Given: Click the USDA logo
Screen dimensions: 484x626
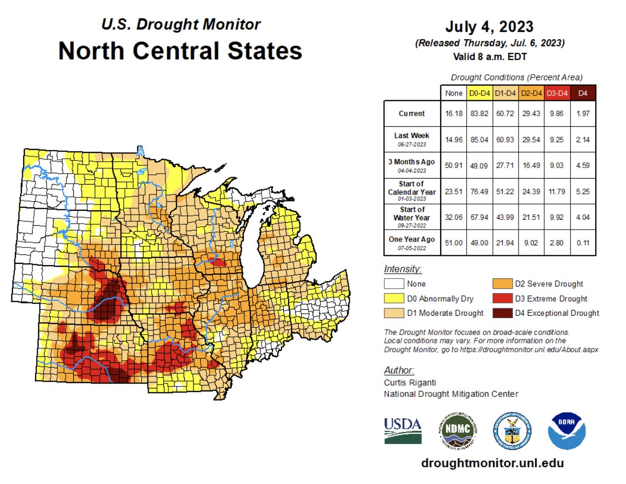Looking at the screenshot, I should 403,431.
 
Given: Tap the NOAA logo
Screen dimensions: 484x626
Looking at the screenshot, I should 567,431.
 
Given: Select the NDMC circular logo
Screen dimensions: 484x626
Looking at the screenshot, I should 458,431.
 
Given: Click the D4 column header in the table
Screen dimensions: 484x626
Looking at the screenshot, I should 583,93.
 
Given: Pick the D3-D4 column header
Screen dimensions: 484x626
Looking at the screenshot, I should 557,93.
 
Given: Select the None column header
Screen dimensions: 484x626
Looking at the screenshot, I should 453,93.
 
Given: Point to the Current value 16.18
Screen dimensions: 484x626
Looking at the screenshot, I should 453,113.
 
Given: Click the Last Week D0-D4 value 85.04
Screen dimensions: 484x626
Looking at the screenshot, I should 479,140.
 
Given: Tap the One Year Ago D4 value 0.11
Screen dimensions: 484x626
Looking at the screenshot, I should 583,243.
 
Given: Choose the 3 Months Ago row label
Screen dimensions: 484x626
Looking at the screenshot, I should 412,165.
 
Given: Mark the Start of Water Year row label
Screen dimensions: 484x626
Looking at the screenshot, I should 412,217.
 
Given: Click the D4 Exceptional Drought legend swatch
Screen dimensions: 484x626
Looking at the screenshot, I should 502,313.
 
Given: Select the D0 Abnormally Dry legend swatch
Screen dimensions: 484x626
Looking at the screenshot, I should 394,299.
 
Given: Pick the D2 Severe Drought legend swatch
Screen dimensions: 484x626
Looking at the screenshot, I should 502,284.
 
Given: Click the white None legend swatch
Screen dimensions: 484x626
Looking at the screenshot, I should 394,284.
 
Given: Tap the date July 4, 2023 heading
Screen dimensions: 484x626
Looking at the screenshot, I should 489,27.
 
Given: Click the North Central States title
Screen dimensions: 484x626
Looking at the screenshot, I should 180,51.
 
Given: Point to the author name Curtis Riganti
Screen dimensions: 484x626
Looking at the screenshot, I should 410,383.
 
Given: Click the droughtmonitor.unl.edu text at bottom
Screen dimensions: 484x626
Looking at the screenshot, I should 492,463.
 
